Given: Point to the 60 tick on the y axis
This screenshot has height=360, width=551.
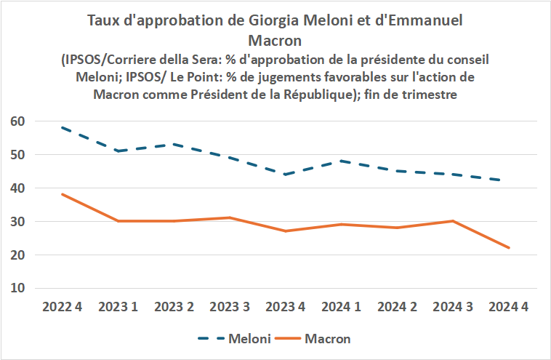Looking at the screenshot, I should pyautogui.click(x=18, y=121).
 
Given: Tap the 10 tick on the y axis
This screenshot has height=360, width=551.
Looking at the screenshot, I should pyautogui.click(x=18, y=288).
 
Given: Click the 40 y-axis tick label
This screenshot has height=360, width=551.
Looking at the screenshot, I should pyautogui.click(x=18, y=188).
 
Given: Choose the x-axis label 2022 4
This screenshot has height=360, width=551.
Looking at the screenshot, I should pyautogui.click(x=62, y=307).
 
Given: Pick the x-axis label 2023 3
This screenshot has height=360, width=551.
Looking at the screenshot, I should pyautogui.click(x=230, y=307).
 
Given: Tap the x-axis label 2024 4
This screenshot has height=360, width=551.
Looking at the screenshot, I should pyautogui.click(x=508, y=307).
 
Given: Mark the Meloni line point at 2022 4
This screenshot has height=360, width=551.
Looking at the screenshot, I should pyautogui.click(x=62, y=127).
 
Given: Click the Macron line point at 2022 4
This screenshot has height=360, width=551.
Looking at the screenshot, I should pyautogui.click(x=62, y=194).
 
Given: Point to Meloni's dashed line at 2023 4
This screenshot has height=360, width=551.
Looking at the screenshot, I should pyautogui.click(x=286, y=175).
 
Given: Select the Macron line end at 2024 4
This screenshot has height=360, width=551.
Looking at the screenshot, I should pyautogui.click(x=509, y=248).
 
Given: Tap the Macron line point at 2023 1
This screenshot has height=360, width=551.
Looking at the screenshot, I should pyautogui.click(x=118, y=221).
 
